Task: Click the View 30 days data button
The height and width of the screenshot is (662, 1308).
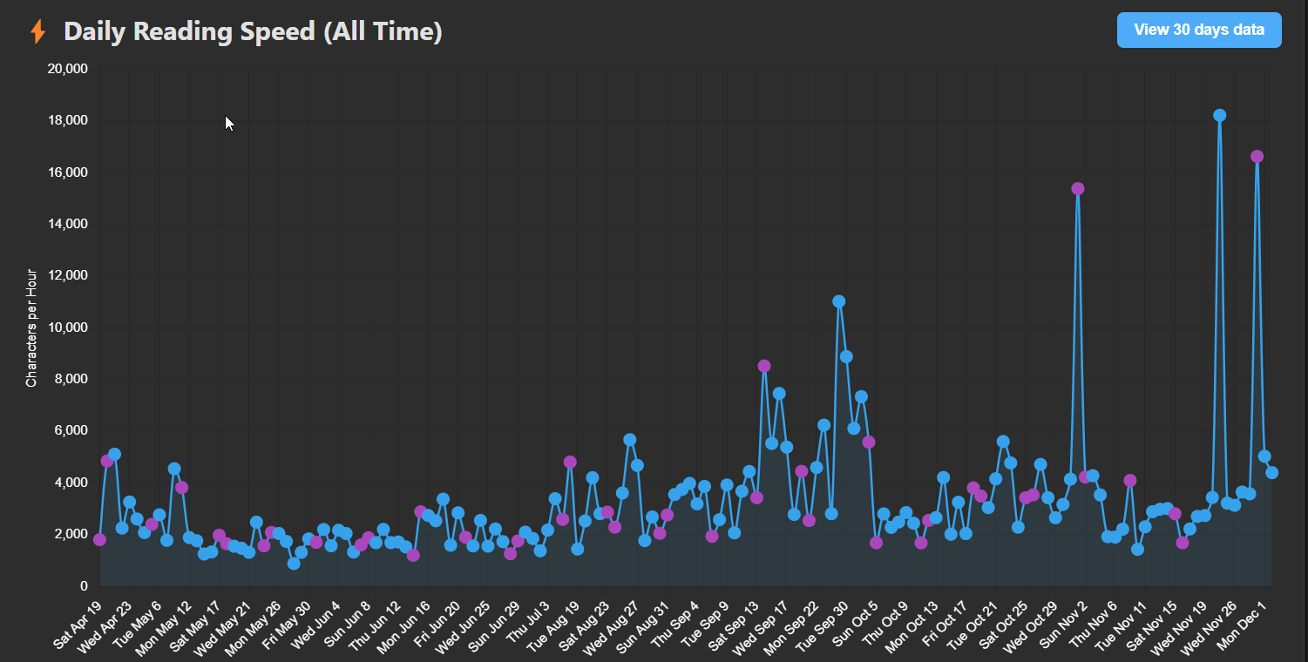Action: (x=1198, y=30)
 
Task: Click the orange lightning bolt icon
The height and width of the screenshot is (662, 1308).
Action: (x=37, y=32)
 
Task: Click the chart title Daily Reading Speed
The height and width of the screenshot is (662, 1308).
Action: (x=253, y=32)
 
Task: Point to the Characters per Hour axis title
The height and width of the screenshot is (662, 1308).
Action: (x=31, y=328)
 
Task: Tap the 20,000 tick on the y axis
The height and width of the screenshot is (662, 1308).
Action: (x=66, y=69)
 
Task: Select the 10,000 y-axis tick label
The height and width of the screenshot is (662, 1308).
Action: (x=66, y=328)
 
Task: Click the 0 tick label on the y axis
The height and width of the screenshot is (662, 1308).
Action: (x=83, y=585)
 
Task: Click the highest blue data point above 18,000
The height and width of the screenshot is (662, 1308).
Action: (x=1219, y=115)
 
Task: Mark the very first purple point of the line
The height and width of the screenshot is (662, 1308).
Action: (x=99, y=539)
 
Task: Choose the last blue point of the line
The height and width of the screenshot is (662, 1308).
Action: (x=1271, y=472)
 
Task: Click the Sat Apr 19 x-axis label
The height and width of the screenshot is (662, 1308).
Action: (x=78, y=624)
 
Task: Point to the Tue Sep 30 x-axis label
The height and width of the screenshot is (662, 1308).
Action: (x=824, y=625)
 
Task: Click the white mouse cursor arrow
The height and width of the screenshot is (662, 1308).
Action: (x=229, y=123)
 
